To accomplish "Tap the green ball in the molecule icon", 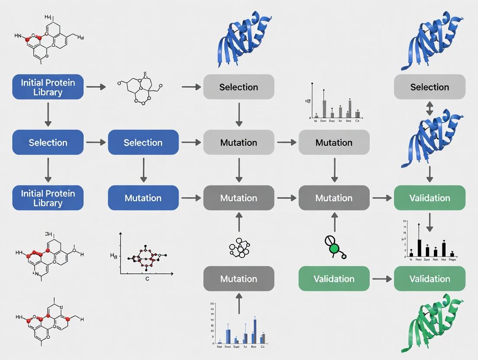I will click(x=334, y=249).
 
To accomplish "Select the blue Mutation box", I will click(x=143, y=198).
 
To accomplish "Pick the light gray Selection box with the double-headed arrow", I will click(x=430, y=87).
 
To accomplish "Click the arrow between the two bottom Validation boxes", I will click(x=381, y=279).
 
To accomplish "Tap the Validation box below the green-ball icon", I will click(x=334, y=279).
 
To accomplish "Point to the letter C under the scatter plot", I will click(x=147, y=279).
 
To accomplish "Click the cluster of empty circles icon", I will click(x=239, y=248).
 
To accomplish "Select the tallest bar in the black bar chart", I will click(x=419, y=247).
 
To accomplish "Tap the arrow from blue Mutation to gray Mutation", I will click(x=191, y=198).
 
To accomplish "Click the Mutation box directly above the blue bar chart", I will click(x=239, y=279).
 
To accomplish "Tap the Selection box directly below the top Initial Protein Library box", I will click(x=48, y=142).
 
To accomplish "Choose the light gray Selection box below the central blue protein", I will click(x=239, y=87).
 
